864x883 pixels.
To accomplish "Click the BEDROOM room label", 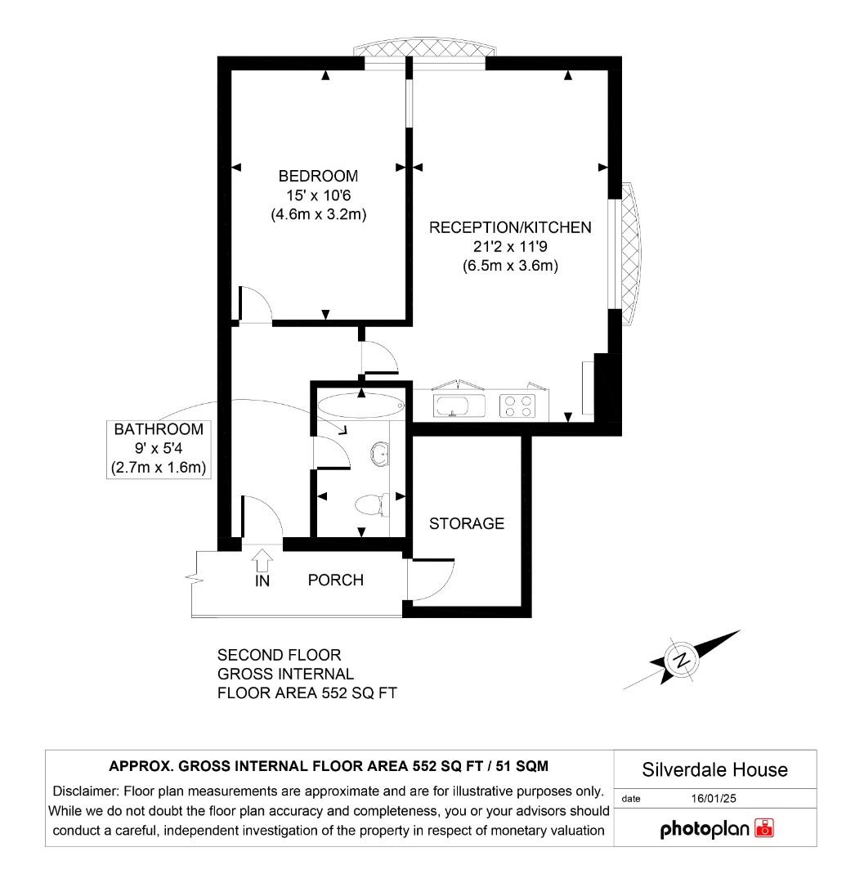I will click(318, 176).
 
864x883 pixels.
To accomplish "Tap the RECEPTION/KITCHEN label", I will click(510, 228).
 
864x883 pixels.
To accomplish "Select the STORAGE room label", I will click(467, 523).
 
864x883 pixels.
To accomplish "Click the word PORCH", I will click(335, 580).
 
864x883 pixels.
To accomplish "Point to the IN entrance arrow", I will click(262, 562).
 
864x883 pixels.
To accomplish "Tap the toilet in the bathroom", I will click(373, 503).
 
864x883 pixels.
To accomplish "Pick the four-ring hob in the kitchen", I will click(517, 406).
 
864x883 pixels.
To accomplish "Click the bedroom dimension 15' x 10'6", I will click(318, 196).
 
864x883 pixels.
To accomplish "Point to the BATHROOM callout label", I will click(158, 429).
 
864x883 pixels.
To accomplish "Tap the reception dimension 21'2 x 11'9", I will click(510, 247).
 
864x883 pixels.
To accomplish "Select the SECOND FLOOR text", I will click(279, 655).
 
